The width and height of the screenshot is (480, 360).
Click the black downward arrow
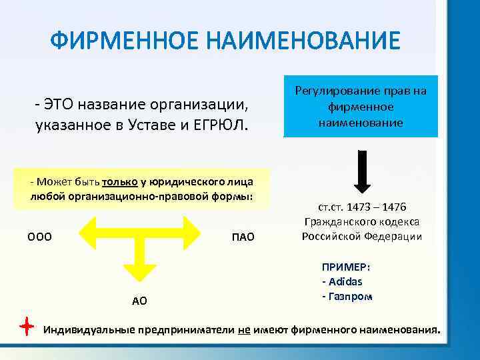[x=361, y=170]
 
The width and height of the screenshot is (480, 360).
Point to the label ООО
[x=40, y=237]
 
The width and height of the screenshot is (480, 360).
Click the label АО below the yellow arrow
[x=139, y=301]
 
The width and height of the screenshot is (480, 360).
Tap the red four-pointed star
[x=25, y=327]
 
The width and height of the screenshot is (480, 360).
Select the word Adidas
[x=345, y=281]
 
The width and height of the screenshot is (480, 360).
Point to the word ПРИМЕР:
[x=346, y=267]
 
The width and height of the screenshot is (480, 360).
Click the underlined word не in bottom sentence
[x=243, y=330]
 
